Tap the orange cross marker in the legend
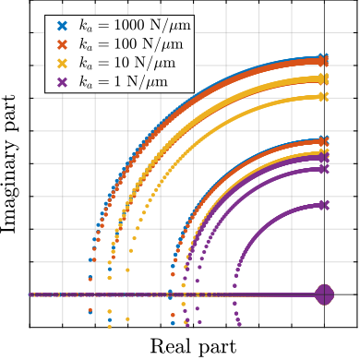[62, 44]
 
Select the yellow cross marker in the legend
[62, 63]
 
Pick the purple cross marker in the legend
[62, 81]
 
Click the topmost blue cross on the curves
[322, 57]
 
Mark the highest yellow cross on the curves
[323, 79]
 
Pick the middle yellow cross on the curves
[323, 96]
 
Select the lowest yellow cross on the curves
[323, 152]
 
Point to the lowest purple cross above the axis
[323, 205]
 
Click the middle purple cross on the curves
[323, 169]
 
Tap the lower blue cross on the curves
[323, 140]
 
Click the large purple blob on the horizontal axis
[324, 294]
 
